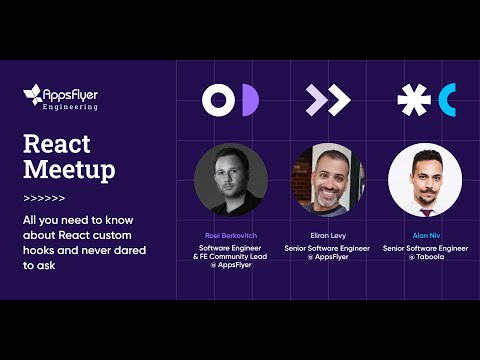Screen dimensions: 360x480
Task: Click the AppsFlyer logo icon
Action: click(33, 96)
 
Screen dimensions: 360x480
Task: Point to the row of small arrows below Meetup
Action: click(44, 197)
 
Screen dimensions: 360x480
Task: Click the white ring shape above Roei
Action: click(218, 99)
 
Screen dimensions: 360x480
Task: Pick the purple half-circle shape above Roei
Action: click(249, 99)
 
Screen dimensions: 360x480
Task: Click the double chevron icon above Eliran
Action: click(328, 99)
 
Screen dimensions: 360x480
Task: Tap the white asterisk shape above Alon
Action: click(413, 100)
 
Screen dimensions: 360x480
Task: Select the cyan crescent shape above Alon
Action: click(446, 100)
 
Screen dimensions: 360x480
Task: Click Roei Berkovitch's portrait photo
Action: click(231, 180)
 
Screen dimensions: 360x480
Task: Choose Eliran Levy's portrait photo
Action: click(328, 180)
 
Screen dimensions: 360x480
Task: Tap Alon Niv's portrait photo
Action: click(425, 180)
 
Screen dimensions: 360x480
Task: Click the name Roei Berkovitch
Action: click(231, 235)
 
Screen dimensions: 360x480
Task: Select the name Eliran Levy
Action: click(327, 235)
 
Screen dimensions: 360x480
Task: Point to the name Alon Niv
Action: click(426, 235)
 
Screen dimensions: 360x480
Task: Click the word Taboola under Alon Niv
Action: click(430, 257)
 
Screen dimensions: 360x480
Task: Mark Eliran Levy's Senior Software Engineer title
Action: click(327, 247)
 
